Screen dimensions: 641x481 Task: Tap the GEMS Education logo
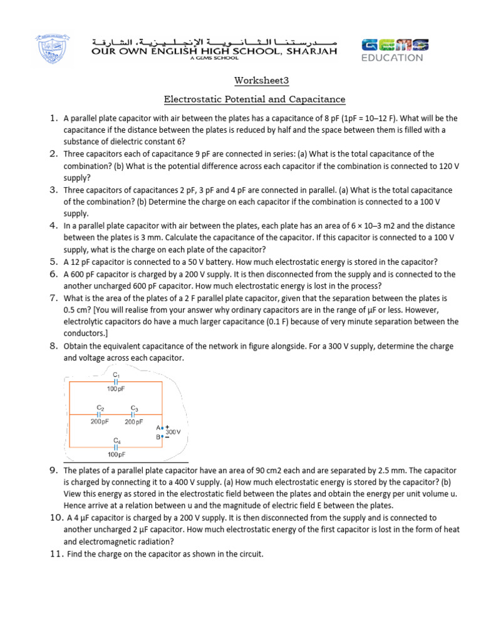coord(395,50)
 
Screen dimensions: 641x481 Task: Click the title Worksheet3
coord(254,81)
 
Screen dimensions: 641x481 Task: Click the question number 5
coord(53,262)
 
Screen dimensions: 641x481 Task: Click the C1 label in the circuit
coord(116,374)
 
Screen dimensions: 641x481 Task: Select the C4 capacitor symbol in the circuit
coord(116,447)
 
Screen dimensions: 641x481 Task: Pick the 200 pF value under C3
coord(134,422)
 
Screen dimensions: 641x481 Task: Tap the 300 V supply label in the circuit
coord(173,432)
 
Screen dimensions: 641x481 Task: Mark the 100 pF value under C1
coord(116,389)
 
